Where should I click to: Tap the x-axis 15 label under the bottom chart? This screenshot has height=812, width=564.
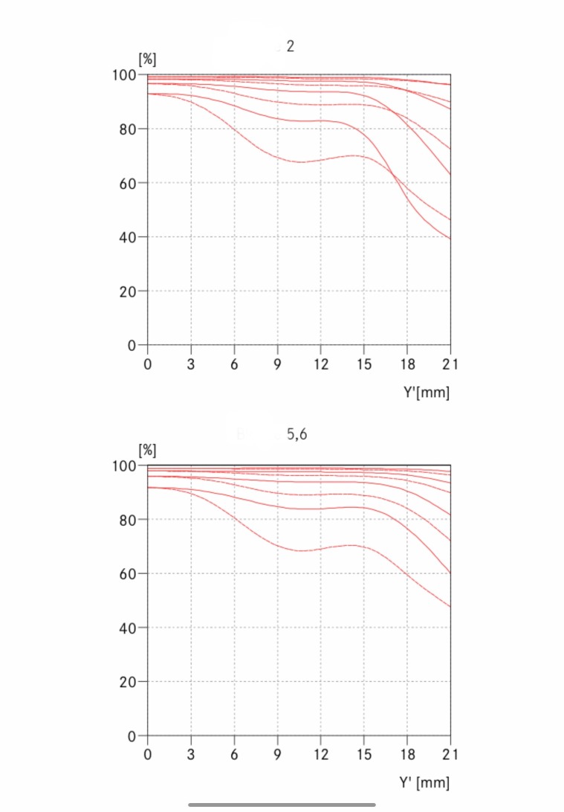[x=364, y=754]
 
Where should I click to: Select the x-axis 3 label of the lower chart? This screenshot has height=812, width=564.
[x=191, y=754]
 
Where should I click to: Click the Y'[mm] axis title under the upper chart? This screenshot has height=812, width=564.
[x=427, y=392]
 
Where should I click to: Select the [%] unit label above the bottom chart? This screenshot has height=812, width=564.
[x=146, y=450]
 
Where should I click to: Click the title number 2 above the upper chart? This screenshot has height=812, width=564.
[x=291, y=46]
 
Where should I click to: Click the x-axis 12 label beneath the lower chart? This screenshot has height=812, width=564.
[x=320, y=754]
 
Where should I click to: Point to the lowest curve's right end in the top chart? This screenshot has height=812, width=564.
[x=450, y=239]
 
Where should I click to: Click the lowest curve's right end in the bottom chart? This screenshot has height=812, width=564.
[x=450, y=607]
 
